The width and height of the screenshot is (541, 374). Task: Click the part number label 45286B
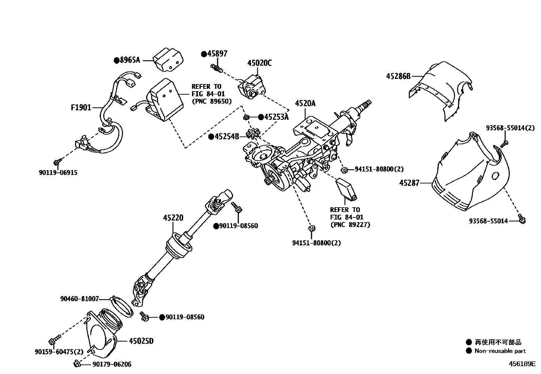(398, 76)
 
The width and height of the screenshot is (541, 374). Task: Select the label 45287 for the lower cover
(409, 183)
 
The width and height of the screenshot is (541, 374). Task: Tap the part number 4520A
(305, 103)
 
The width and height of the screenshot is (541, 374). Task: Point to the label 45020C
(259, 63)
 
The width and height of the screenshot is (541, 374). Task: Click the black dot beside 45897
(204, 54)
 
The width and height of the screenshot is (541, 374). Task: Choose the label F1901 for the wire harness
(81, 108)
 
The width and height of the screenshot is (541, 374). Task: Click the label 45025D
(141, 341)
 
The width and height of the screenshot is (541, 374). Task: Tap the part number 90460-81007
(80, 299)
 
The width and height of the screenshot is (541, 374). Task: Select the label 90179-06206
(112, 364)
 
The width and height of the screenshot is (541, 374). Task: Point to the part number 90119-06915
(58, 173)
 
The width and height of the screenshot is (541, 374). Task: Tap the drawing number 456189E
(522, 364)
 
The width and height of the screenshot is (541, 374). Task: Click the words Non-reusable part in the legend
(500, 351)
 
